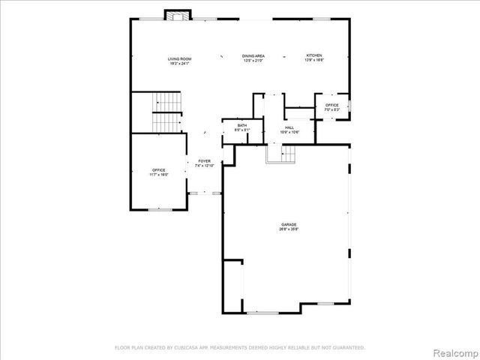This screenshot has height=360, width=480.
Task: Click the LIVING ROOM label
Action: tap(179, 58)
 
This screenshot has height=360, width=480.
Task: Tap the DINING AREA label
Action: tap(252, 56)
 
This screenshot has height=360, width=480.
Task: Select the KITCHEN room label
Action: tap(313, 56)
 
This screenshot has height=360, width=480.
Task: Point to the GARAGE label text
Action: tap(289, 224)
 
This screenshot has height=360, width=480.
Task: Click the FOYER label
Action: tap(204, 161)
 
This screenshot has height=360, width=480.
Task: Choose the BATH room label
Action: tap(241, 125)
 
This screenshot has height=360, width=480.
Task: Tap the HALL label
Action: tap(289, 127)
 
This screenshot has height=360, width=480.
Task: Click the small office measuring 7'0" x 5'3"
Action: tap(331, 105)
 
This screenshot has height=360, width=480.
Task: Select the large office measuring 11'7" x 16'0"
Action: tap(159, 170)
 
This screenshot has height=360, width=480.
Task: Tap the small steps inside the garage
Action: tap(280, 154)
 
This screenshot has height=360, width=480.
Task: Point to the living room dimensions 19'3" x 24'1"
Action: tap(179, 63)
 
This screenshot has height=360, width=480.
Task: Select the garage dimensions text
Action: tap(289, 229)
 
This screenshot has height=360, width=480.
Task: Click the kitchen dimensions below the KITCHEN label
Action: tap(313, 61)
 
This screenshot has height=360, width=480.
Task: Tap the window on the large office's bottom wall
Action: tap(159, 209)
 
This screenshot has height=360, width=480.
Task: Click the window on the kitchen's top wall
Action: tap(322, 19)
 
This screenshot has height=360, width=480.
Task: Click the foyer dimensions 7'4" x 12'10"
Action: tap(204, 166)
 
